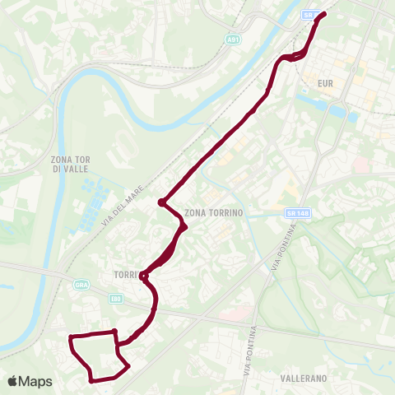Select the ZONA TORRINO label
tap(216, 212)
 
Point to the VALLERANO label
tap(303, 378)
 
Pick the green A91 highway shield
tap(234, 39)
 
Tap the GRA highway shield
tap(81, 286)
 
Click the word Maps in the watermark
tap(38, 381)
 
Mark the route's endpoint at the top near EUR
tap(323, 13)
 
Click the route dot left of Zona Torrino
tap(163, 202)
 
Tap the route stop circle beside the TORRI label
tap(144, 276)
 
